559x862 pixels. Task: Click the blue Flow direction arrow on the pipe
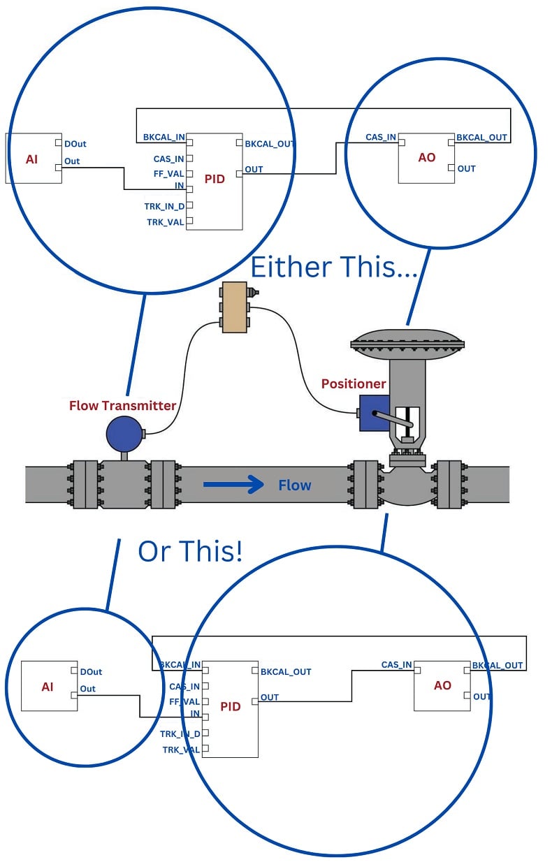point(233,484)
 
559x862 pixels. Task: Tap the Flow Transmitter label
point(122,405)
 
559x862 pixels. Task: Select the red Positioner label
point(353,383)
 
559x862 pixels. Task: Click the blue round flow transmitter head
point(124,434)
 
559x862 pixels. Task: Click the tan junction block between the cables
point(233,307)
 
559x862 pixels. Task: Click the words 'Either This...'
point(333,267)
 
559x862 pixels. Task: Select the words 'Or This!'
point(190,551)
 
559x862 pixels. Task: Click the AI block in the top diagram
point(33,159)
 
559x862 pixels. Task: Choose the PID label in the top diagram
point(215,179)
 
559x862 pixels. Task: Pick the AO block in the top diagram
point(426,158)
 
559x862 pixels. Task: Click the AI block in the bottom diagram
point(48,686)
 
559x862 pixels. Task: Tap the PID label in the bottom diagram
point(230,706)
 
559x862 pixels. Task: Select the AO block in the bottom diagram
point(442,685)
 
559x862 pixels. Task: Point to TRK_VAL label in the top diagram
point(165,222)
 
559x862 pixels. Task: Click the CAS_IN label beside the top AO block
point(381,138)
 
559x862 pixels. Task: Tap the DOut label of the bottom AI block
point(91,672)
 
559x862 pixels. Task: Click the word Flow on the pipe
point(294,485)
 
